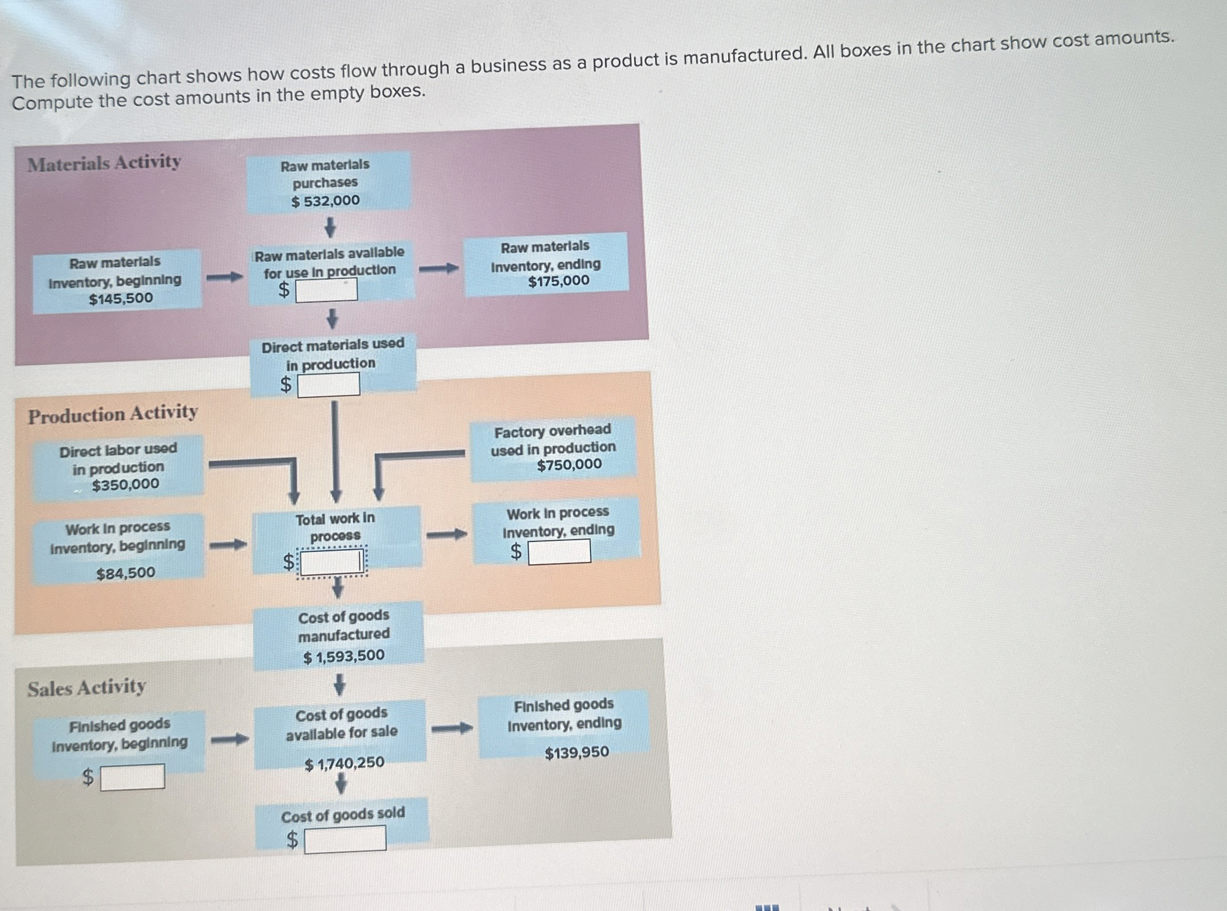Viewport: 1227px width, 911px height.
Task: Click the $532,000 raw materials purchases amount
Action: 326,201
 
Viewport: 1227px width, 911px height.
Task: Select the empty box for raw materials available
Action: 326,290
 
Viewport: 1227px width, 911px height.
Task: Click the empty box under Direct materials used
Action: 329,384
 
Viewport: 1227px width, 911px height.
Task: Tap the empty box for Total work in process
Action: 332,562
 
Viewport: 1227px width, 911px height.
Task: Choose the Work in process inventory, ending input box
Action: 559,551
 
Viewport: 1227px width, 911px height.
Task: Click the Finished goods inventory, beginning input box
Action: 132,777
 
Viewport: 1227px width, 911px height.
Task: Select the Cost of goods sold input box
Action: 345,838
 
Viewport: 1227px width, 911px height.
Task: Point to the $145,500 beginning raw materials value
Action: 121,299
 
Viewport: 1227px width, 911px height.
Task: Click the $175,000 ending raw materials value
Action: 558,281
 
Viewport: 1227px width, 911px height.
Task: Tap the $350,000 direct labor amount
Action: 125,485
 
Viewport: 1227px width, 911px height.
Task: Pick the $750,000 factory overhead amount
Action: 568,465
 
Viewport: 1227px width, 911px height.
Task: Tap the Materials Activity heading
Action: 104,163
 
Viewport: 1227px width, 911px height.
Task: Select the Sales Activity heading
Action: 87,688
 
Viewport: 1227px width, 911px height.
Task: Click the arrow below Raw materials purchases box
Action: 330,227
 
